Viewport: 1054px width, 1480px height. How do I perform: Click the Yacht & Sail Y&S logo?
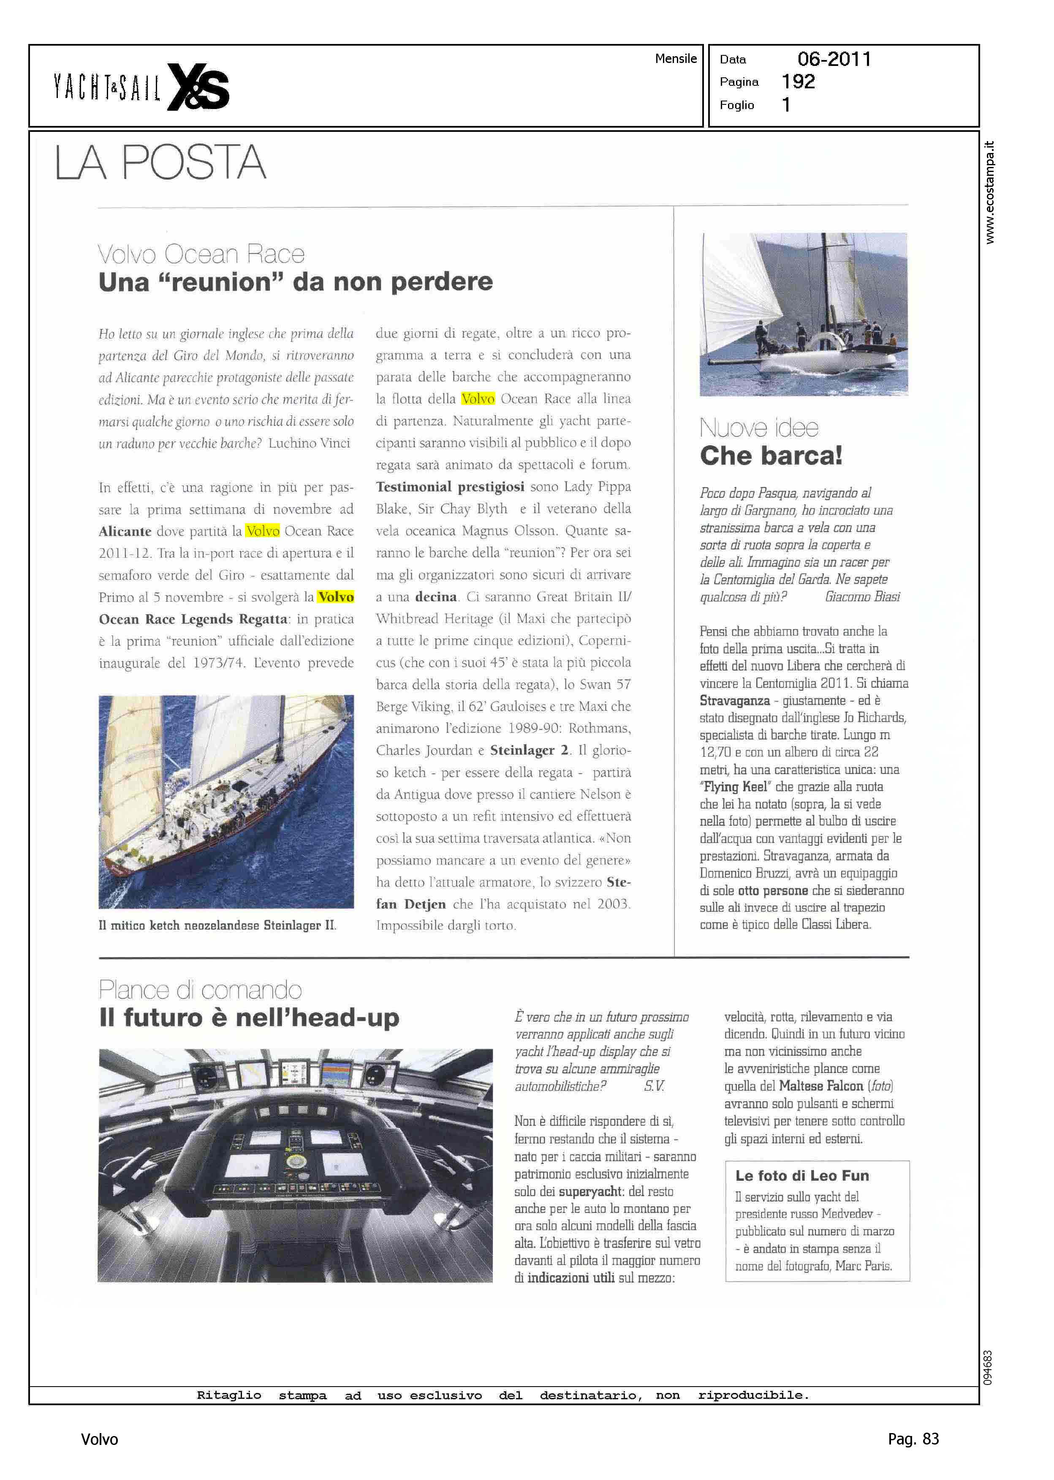point(141,87)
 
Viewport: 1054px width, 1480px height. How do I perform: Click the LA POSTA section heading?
point(160,162)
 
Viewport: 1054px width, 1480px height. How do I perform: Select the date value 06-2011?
point(834,59)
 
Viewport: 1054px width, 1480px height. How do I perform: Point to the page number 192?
point(798,82)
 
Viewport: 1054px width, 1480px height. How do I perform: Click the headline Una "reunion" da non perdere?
point(295,282)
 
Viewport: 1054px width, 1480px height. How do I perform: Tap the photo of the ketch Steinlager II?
point(226,801)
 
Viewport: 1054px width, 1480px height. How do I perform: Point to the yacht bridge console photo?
point(295,1165)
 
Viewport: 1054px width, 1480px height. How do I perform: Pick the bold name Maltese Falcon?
point(820,1086)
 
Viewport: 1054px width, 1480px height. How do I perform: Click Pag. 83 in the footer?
point(913,1439)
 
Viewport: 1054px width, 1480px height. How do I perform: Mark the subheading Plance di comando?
point(200,990)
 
